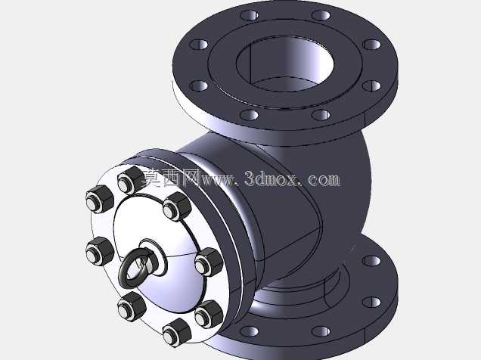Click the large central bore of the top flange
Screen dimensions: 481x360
285,65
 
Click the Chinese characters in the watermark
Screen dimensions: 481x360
171,178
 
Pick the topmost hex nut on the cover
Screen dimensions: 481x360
131,180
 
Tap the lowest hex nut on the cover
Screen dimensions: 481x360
177,333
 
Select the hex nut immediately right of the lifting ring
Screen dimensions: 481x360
209,262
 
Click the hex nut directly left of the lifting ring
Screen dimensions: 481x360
100,251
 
